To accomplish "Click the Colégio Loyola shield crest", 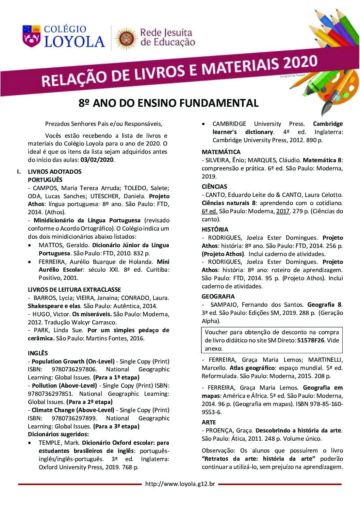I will click(x=31, y=36).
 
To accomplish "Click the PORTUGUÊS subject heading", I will click(x=45, y=180).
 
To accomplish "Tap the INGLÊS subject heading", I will click(x=38, y=353).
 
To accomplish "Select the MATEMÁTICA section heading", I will click(x=221, y=152).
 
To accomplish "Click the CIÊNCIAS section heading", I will click(x=214, y=187).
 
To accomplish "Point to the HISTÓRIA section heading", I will click(x=215, y=230).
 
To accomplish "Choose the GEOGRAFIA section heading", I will click(x=218, y=296).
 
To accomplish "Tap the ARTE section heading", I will click(x=209, y=422).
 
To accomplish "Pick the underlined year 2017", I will click(x=283, y=211).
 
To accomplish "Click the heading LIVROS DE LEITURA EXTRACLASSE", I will click(x=74, y=290).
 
